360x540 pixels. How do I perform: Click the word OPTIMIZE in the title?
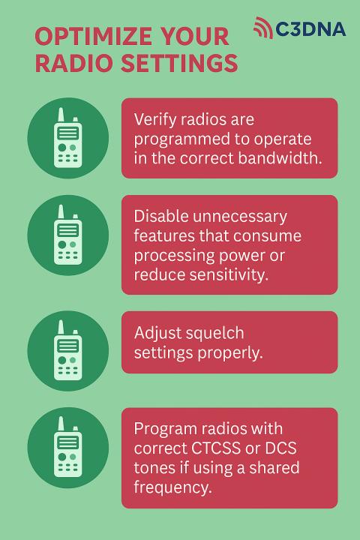point(94,36)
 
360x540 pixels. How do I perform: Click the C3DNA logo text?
point(310,29)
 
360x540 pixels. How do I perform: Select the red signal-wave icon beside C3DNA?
point(262,27)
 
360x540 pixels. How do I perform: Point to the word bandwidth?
point(280,158)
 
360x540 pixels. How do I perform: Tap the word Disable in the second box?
point(161,217)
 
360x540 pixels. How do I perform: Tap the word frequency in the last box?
point(173,487)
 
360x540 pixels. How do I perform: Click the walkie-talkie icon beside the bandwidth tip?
point(67,138)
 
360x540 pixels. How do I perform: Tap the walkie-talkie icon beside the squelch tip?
point(67,350)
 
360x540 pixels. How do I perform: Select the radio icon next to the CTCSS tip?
point(67,447)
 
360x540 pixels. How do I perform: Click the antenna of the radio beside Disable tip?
point(61,212)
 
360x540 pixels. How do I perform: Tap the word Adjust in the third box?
point(157,333)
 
